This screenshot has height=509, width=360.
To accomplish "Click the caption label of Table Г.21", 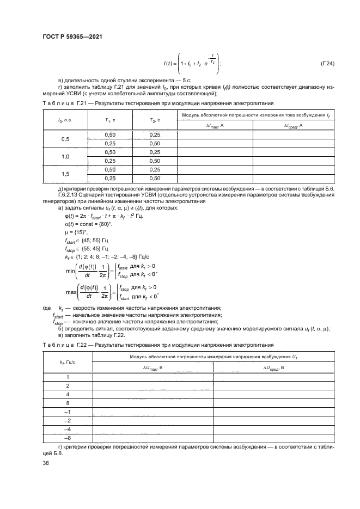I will pyautogui.click(x=60, y=102).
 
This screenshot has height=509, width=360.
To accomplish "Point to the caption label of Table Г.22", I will pyautogui.click(x=60, y=345).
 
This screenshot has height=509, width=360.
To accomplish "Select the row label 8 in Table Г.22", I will pyautogui.click(x=67, y=403).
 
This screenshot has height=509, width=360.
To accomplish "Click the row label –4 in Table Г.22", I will pyautogui.click(x=67, y=429).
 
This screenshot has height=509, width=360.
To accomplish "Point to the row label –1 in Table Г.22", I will pyautogui.click(x=67, y=412).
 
